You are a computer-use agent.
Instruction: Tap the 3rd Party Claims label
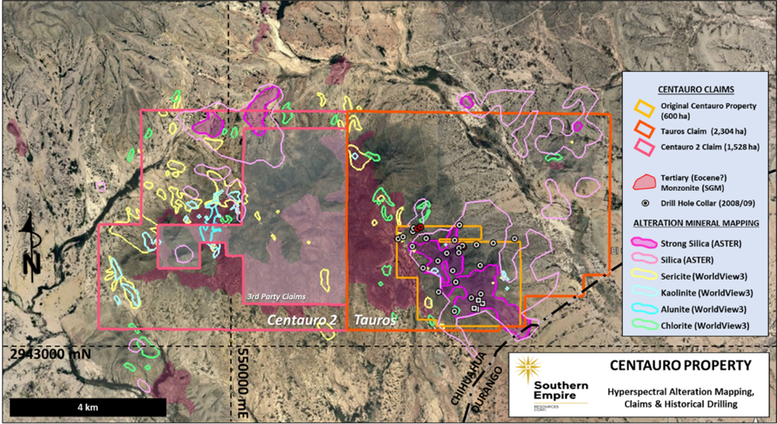coord(276,296)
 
